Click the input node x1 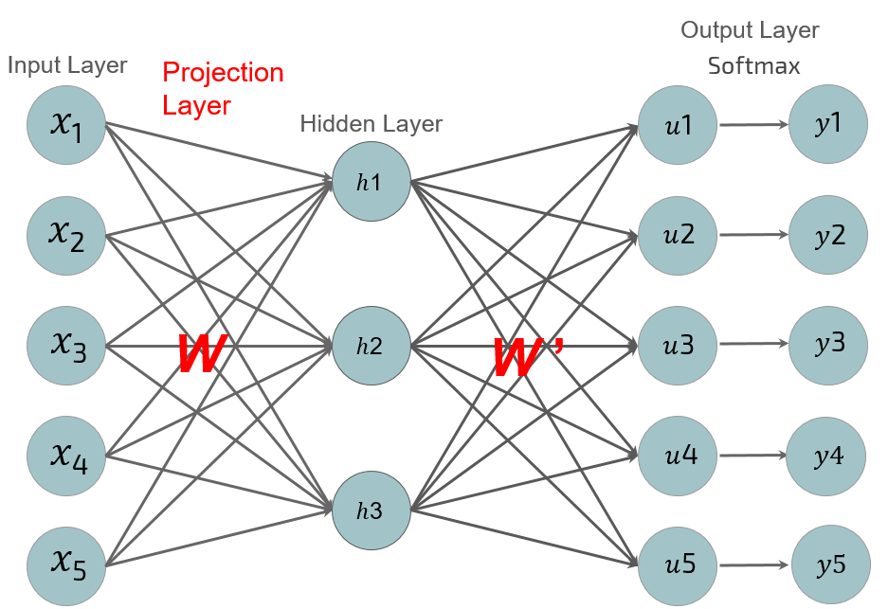pyautogui.click(x=66, y=124)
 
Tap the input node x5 pyautogui.click(x=66, y=565)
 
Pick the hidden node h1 pyautogui.click(x=371, y=182)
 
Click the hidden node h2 pyautogui.click(x=371, y=346)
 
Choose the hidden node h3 pyautogui.click(x=371, y=510)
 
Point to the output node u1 pyautogui.click(x=678, y=124)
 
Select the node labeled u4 pyautogui.click(x=678, y=456)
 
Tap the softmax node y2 pyautogui.click(x=828, y=235)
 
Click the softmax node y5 pyautogui.click(x=830, y=565)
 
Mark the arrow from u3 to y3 pyautogui.click(x=752, y=346)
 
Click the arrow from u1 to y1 pyautogui.click(x=752, y=124)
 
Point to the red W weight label pyautogui.click(x=201, y=353)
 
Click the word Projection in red pyautogui.click(x=223, y=73)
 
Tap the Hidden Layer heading pyautogui.click(x=371, y=124)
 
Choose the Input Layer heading pyautogui.click(x=66, y=65)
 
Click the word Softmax pyautogui.click(x=753, y=65)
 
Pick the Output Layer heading pyautogui.click(x=750, y=30)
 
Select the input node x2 pyautogui.click(x=66, y=235)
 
